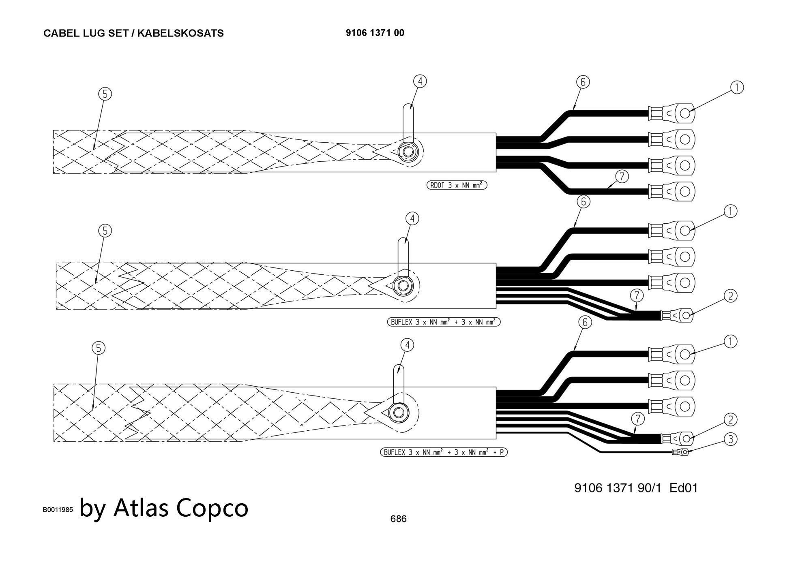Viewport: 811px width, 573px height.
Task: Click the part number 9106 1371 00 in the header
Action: [x=375, y=33]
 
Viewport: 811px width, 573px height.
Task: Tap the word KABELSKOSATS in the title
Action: [x=180, y=33]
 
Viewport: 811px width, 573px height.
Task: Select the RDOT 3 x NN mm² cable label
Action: [x=457, y=185]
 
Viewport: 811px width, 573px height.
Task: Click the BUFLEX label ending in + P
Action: [x=444, y=452]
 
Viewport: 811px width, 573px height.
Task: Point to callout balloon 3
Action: [x=730, y=439]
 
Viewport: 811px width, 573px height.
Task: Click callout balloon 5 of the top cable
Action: [x=105, y=94]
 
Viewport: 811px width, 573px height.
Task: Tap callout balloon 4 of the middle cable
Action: [x=412, y=219]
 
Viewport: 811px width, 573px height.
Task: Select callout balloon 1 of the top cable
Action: [x=737, y=88]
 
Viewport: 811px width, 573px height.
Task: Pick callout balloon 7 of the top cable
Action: [x=622, y=177]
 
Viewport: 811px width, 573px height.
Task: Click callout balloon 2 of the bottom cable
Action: [x=730, y=420]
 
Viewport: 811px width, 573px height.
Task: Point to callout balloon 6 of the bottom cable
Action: [x=585, y=323]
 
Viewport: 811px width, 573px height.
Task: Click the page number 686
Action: [x=398, y=519]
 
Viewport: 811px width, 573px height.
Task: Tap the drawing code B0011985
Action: [x=58, y=510]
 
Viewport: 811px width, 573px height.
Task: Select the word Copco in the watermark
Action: [x=212, y=507]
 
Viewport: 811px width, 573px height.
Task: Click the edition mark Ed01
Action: [x=684, y=487]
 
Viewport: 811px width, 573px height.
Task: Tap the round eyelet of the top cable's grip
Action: [x=406, y=153]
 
